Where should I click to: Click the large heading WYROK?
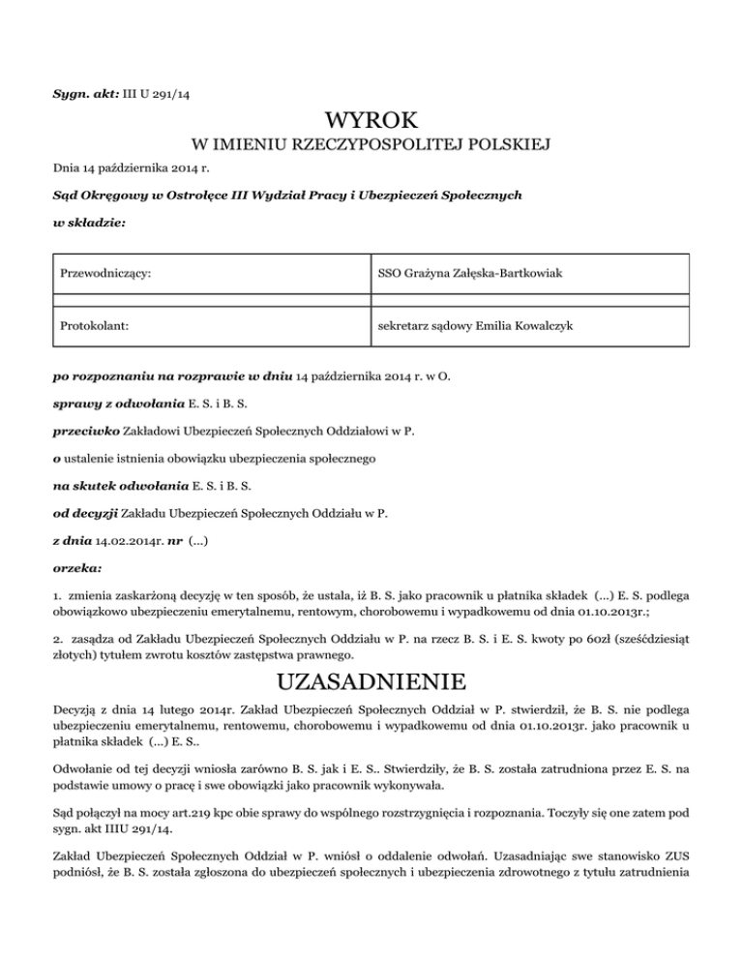[372, 122]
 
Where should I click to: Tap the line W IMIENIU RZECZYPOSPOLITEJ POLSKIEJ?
[372, 146]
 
